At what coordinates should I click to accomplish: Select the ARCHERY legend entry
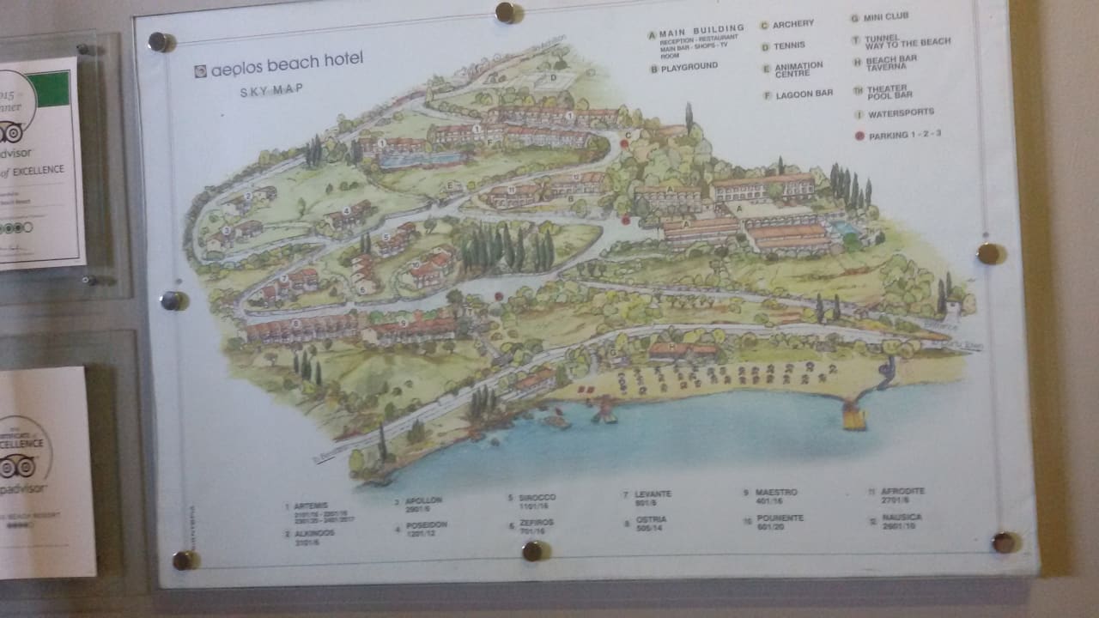coord(792,24)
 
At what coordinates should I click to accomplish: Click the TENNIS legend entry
coord(788,45)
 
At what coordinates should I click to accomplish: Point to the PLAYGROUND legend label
coord(689,66)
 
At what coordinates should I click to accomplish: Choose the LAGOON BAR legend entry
coord(804,94)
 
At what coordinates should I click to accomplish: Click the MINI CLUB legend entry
coord(884,16)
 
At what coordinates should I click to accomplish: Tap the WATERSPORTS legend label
coord(901,112)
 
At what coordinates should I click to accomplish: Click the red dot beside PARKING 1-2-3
coord(859,136)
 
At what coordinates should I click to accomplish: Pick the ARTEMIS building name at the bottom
coord(307,506)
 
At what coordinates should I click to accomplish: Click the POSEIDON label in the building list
coord(427,524)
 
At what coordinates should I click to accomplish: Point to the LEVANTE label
coord(653,494)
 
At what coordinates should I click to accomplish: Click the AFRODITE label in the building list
coord(902,491)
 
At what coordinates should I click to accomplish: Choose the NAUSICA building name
coord(902,518)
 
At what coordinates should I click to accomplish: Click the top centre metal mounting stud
coord(507,12)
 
